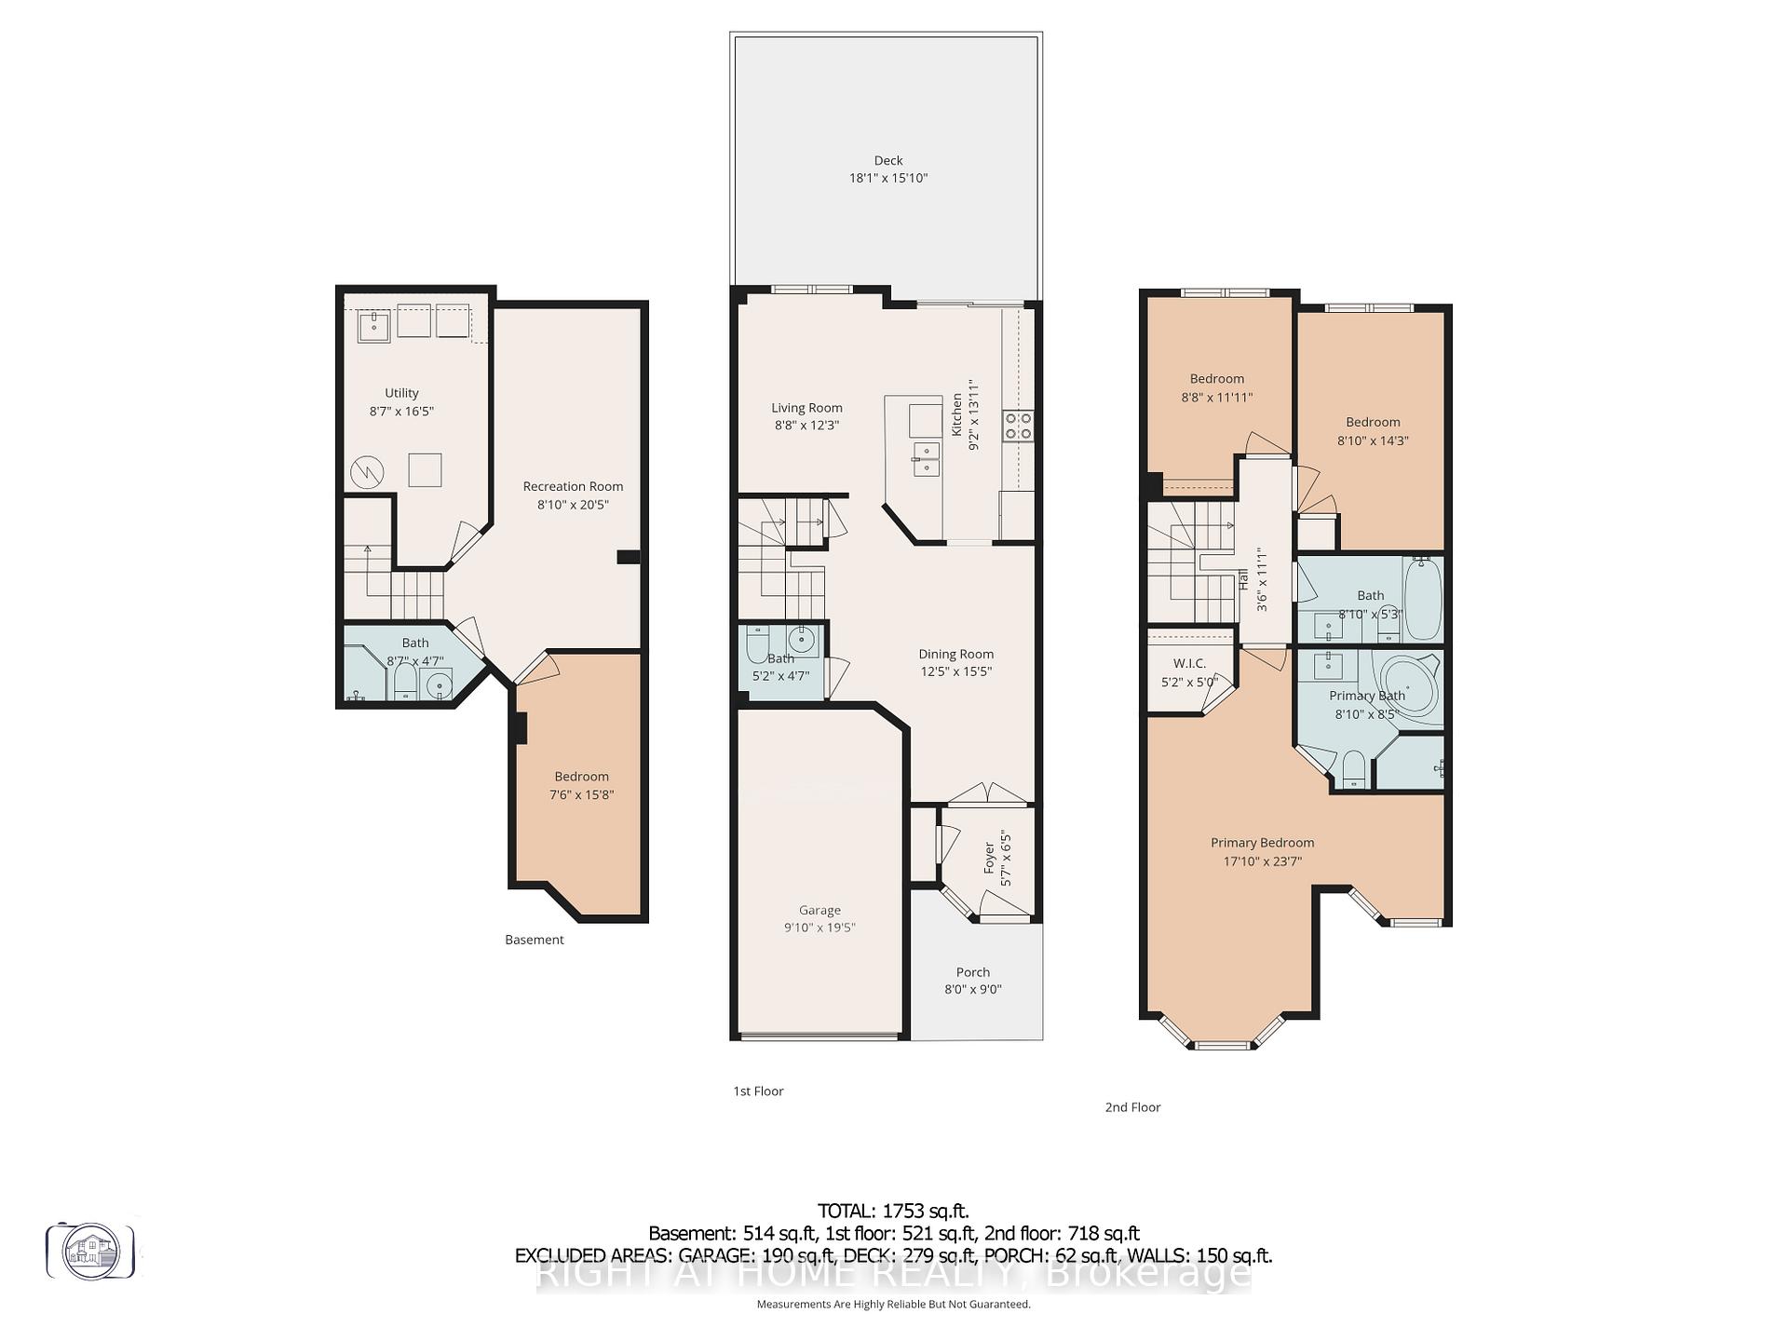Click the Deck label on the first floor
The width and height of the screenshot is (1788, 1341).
tap(887, 160)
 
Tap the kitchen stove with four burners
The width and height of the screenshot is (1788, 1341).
tap(1017, 425)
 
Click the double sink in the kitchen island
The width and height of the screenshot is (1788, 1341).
tap(926, 459)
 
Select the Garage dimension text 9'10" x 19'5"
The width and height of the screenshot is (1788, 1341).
tap(819, 928)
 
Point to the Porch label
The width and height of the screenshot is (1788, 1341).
tap(972, 972)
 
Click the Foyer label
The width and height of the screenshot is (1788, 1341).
tap(989, 858)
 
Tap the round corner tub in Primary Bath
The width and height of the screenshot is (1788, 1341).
tap(1408, 686)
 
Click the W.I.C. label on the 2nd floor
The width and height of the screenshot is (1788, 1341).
tap(1189, 663)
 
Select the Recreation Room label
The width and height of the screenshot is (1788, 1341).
tap(573, 486)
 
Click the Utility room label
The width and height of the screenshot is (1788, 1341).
tap(401, 393)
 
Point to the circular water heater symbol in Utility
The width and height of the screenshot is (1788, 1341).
tap(367, 473)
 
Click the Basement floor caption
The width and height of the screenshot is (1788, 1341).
tap(534, 940)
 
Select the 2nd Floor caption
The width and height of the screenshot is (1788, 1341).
tap(1132, 1107)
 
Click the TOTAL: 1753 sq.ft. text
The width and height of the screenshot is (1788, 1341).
tap(893, 1211)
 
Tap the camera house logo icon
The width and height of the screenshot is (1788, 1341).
tap(90, 1251)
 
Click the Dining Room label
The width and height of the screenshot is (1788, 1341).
tap(955, 654)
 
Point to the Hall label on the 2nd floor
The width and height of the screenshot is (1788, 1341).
tap(1243, 579)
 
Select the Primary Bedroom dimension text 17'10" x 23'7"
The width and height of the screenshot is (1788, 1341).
tap(1262, 861)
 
